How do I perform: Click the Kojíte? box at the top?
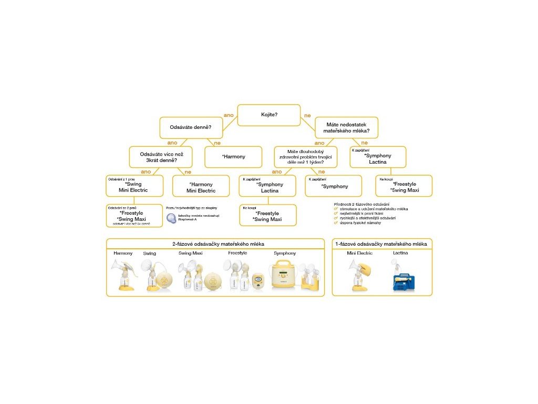269,115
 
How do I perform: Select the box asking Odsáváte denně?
191,127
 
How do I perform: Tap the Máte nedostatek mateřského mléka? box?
346,127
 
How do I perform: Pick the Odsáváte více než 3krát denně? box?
160,157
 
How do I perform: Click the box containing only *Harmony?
233,157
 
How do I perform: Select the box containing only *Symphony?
334,186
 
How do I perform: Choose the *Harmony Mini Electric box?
201,187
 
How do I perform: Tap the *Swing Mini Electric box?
134,187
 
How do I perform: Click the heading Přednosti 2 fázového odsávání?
361,204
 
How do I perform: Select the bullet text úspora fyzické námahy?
363,223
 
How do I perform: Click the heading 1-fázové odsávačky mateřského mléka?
381,244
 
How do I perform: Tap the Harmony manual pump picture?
124,275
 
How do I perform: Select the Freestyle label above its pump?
237,254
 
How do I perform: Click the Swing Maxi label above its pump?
190,254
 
